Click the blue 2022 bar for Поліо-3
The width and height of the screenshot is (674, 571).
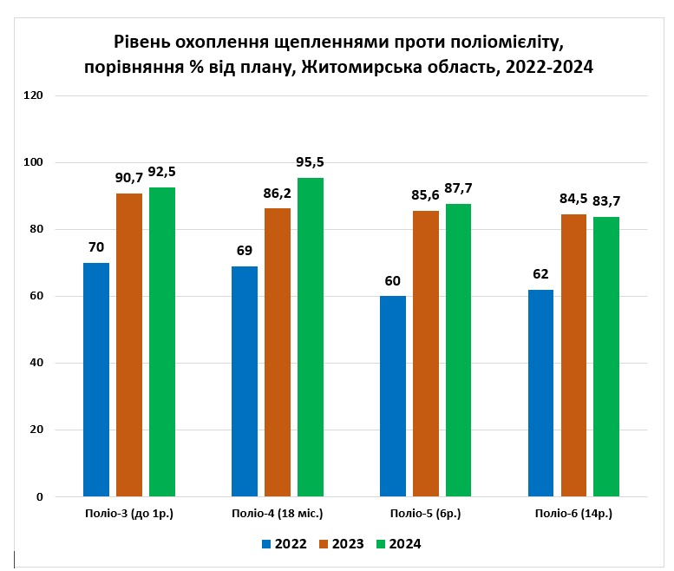click(96, 379)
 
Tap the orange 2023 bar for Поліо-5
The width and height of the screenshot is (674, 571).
click(426, 353)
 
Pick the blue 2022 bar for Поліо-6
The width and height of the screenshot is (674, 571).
click(540, 392)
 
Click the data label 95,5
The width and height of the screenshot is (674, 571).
click(311, 162)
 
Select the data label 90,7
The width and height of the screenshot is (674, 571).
click(129, 177)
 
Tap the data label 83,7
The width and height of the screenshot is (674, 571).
click(607, 201)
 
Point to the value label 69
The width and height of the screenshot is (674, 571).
click(245, 250)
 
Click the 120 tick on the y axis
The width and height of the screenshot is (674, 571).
click(34, 95)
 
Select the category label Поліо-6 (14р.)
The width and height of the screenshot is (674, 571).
click(573, 514)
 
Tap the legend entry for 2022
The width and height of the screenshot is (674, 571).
click(285, 544)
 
